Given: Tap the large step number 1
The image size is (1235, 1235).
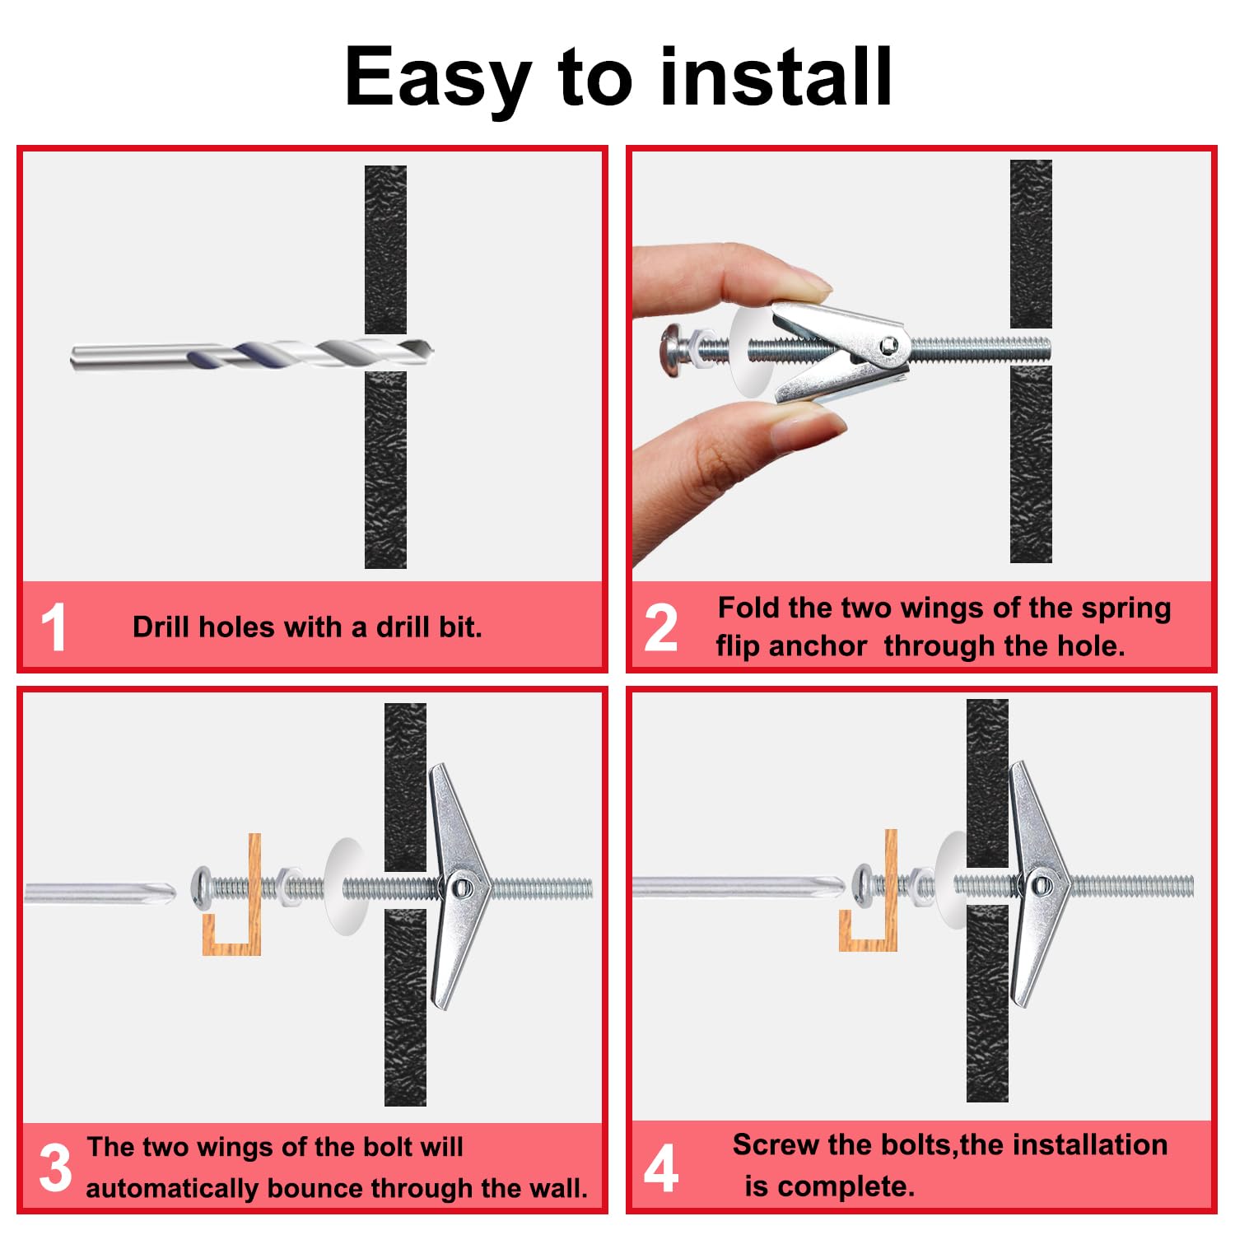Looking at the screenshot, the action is click(54, 627).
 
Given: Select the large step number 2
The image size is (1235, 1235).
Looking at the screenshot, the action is click(660, 627).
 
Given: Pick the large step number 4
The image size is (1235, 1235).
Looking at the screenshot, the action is click(661, 1167).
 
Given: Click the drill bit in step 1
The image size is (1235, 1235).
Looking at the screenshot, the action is click(252, 355).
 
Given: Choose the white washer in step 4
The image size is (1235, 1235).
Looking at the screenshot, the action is click(952, 885).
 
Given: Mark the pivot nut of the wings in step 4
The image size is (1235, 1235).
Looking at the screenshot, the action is click(1042, 886).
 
